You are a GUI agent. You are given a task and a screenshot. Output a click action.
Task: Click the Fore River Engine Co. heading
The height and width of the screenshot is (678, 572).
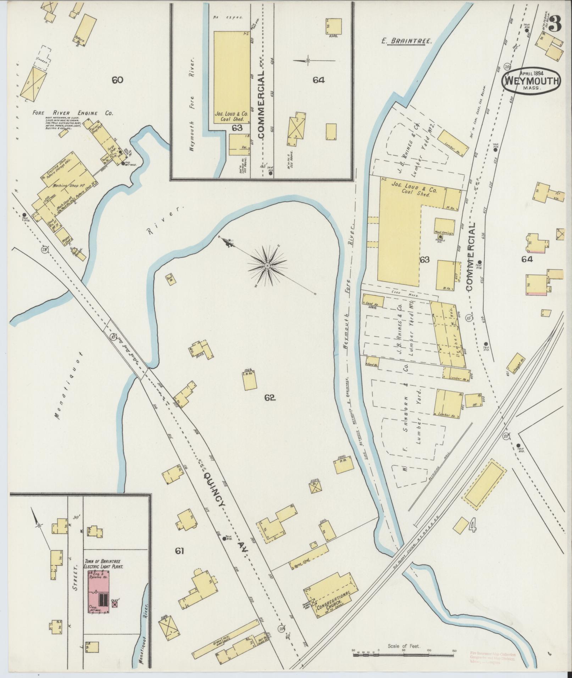pyautogui.click(x=72, y=113)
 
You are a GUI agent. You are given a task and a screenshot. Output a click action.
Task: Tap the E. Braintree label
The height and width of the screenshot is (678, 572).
pyautogui.click(x=407, y=41)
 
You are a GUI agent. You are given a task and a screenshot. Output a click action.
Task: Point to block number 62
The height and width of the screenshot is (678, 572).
pyautogui.click(x=270, y=398)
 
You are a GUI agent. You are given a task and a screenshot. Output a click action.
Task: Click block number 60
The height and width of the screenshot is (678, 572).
pyautogui.click(x=117, y=80)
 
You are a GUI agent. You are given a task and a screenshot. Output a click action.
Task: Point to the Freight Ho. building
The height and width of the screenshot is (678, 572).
pyautogui.click(x=516, y=364)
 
